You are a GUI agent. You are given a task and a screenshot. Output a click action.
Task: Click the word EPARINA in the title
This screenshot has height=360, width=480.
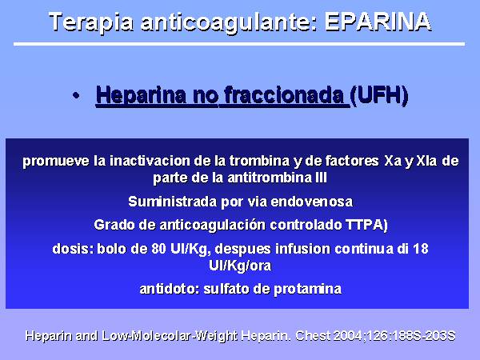click(378, 22)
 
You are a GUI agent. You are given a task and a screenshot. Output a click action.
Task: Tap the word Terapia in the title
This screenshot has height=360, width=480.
click(91, 23)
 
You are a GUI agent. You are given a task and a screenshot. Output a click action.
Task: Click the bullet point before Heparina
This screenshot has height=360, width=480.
click(76, 96)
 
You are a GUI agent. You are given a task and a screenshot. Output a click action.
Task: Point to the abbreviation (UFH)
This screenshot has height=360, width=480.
click(379, 95)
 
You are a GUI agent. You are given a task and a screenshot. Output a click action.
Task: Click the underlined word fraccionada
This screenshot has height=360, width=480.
click(284, 95)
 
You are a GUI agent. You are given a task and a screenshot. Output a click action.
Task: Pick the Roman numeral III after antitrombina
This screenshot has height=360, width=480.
click(321, 178)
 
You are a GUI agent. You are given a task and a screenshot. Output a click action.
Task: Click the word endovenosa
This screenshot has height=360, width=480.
click(312, 202)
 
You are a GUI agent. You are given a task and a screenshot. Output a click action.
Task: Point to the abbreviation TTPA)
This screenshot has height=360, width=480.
click(366, 225)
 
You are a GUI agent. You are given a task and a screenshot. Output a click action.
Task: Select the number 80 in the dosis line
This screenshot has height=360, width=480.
click(158, 249)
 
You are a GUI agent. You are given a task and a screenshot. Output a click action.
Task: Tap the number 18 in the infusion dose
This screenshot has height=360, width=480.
click(421, 249)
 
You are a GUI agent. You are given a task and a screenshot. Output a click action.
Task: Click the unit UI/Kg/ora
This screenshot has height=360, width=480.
click(240, 266)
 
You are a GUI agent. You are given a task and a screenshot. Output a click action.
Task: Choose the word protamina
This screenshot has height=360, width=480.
click(307, 289)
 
